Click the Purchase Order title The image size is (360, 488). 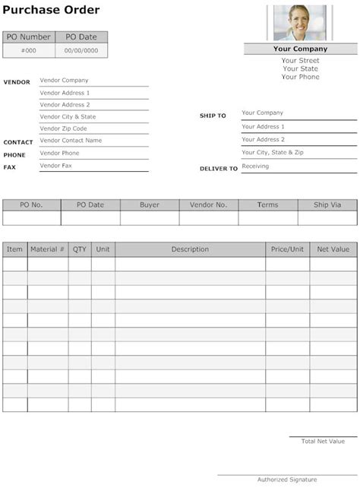pos(50,10)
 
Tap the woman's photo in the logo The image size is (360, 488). pos(300,22)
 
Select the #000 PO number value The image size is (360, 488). pos(28,50)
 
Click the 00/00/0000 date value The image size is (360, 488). pos(81,50)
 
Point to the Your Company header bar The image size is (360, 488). pos(300,49)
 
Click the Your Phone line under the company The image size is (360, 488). pos(300,77)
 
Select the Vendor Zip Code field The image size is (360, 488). pos(63,129)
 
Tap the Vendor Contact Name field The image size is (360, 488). pos(71,141)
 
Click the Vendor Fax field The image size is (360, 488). pos(55,165)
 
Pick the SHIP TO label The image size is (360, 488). pos(213,116)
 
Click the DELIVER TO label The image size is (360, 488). pos(219,169)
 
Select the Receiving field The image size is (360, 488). pos(255,166)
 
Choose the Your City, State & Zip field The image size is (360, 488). pos(272,153)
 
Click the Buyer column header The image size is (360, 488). pos(150,205)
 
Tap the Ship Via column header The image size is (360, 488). pos(327,205)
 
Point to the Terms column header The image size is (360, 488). pos(267,205)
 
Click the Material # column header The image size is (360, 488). pos(47,249)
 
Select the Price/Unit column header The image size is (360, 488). pos(287,249)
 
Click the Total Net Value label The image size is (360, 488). pos(323,441)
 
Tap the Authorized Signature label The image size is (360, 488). pos(287,480)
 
